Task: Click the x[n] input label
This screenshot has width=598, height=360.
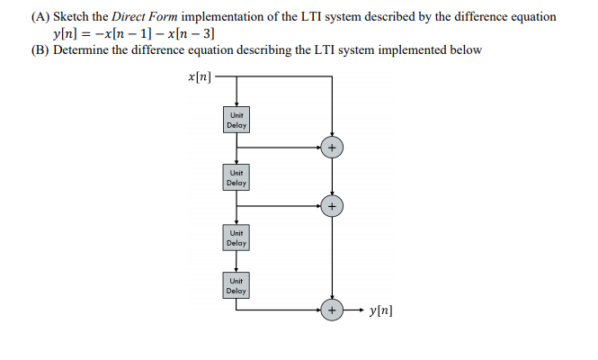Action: (x=200, y=78)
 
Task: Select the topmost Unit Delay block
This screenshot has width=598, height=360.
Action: (x=237, y=121)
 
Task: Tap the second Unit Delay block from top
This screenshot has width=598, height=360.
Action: (x=237, y=177)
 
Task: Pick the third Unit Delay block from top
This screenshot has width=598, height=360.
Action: (x=237, y=238)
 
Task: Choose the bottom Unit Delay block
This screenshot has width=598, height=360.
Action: (x=237, y=286)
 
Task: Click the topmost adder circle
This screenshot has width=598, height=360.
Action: (x=333, y=147)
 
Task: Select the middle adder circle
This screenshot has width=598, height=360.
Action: (x=333, y=206)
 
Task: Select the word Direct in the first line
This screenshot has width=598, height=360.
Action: (x=134, y=17)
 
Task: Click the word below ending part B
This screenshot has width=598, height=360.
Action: (x=464, y=49)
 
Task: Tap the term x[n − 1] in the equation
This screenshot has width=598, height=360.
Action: (x=129, y=34)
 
